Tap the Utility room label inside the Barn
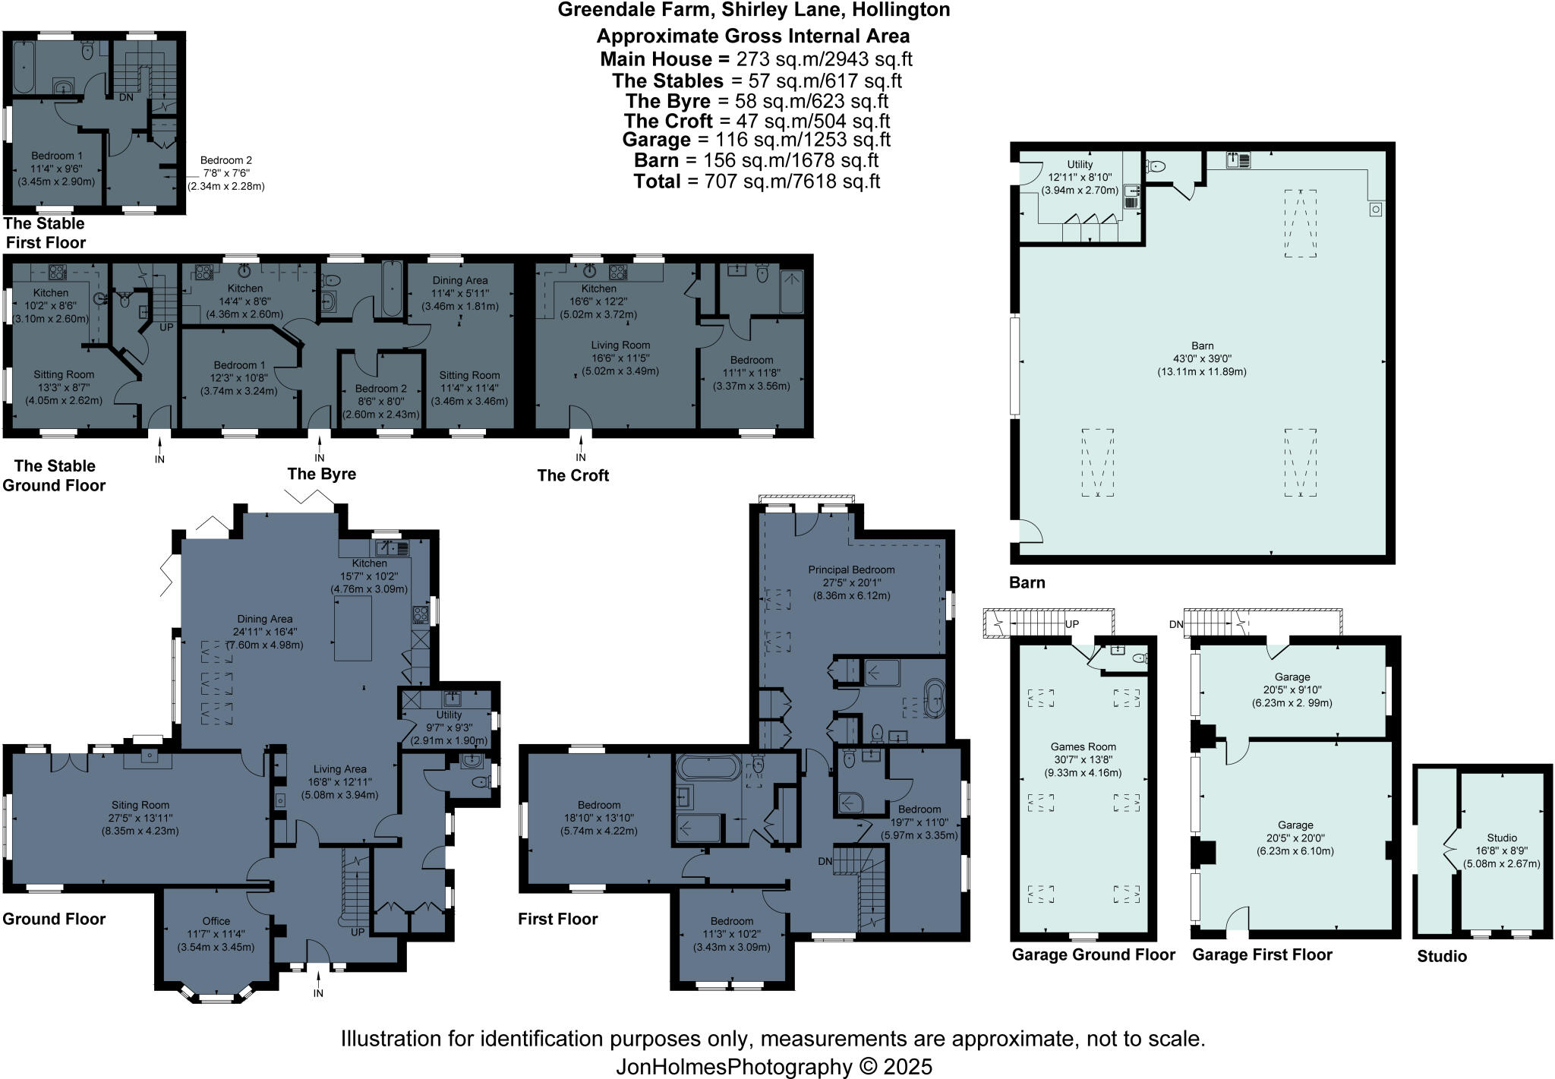coord(1080,165)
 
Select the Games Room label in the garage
coord(1083,747)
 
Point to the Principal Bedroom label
coord(851,570)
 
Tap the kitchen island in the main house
coord(353,628)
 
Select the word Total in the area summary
coord(657,181)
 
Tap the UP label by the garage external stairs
coord(1072,624)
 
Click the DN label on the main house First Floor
coord(825,861)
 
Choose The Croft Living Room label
coord(620,345)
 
